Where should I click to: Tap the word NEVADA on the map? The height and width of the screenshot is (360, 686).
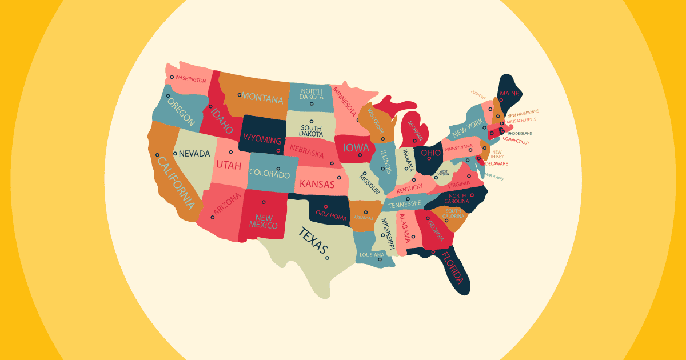click(x=194, y=154)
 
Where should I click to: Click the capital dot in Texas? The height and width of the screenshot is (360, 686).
click(x=327, y=258)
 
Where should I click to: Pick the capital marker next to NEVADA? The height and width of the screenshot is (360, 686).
click(x=176, y=154)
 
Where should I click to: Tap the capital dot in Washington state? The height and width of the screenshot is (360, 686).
click(x=171, y=77)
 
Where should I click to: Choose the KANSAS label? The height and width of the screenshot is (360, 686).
click(x=317, y=184)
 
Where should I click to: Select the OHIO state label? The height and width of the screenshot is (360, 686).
click(x=430, y=153)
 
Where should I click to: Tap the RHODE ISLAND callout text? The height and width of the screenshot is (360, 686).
click(x=520, y=133)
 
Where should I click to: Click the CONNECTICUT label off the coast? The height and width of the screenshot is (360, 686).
click(x=516, y=142)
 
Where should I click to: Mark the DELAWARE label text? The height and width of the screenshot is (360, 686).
click(x=497, y=163)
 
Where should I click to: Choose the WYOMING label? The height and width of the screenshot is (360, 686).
click(x=262, y=140)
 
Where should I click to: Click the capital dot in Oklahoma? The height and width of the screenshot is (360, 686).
click(x=326, y=207)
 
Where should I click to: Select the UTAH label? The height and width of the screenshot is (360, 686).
click(x=229, y=166)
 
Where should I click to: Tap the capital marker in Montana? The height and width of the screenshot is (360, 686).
click(x=240, y=95)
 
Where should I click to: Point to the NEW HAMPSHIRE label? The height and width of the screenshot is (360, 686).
click(x=523, y=114)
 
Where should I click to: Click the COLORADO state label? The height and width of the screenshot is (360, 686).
click(x=269, y=174)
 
